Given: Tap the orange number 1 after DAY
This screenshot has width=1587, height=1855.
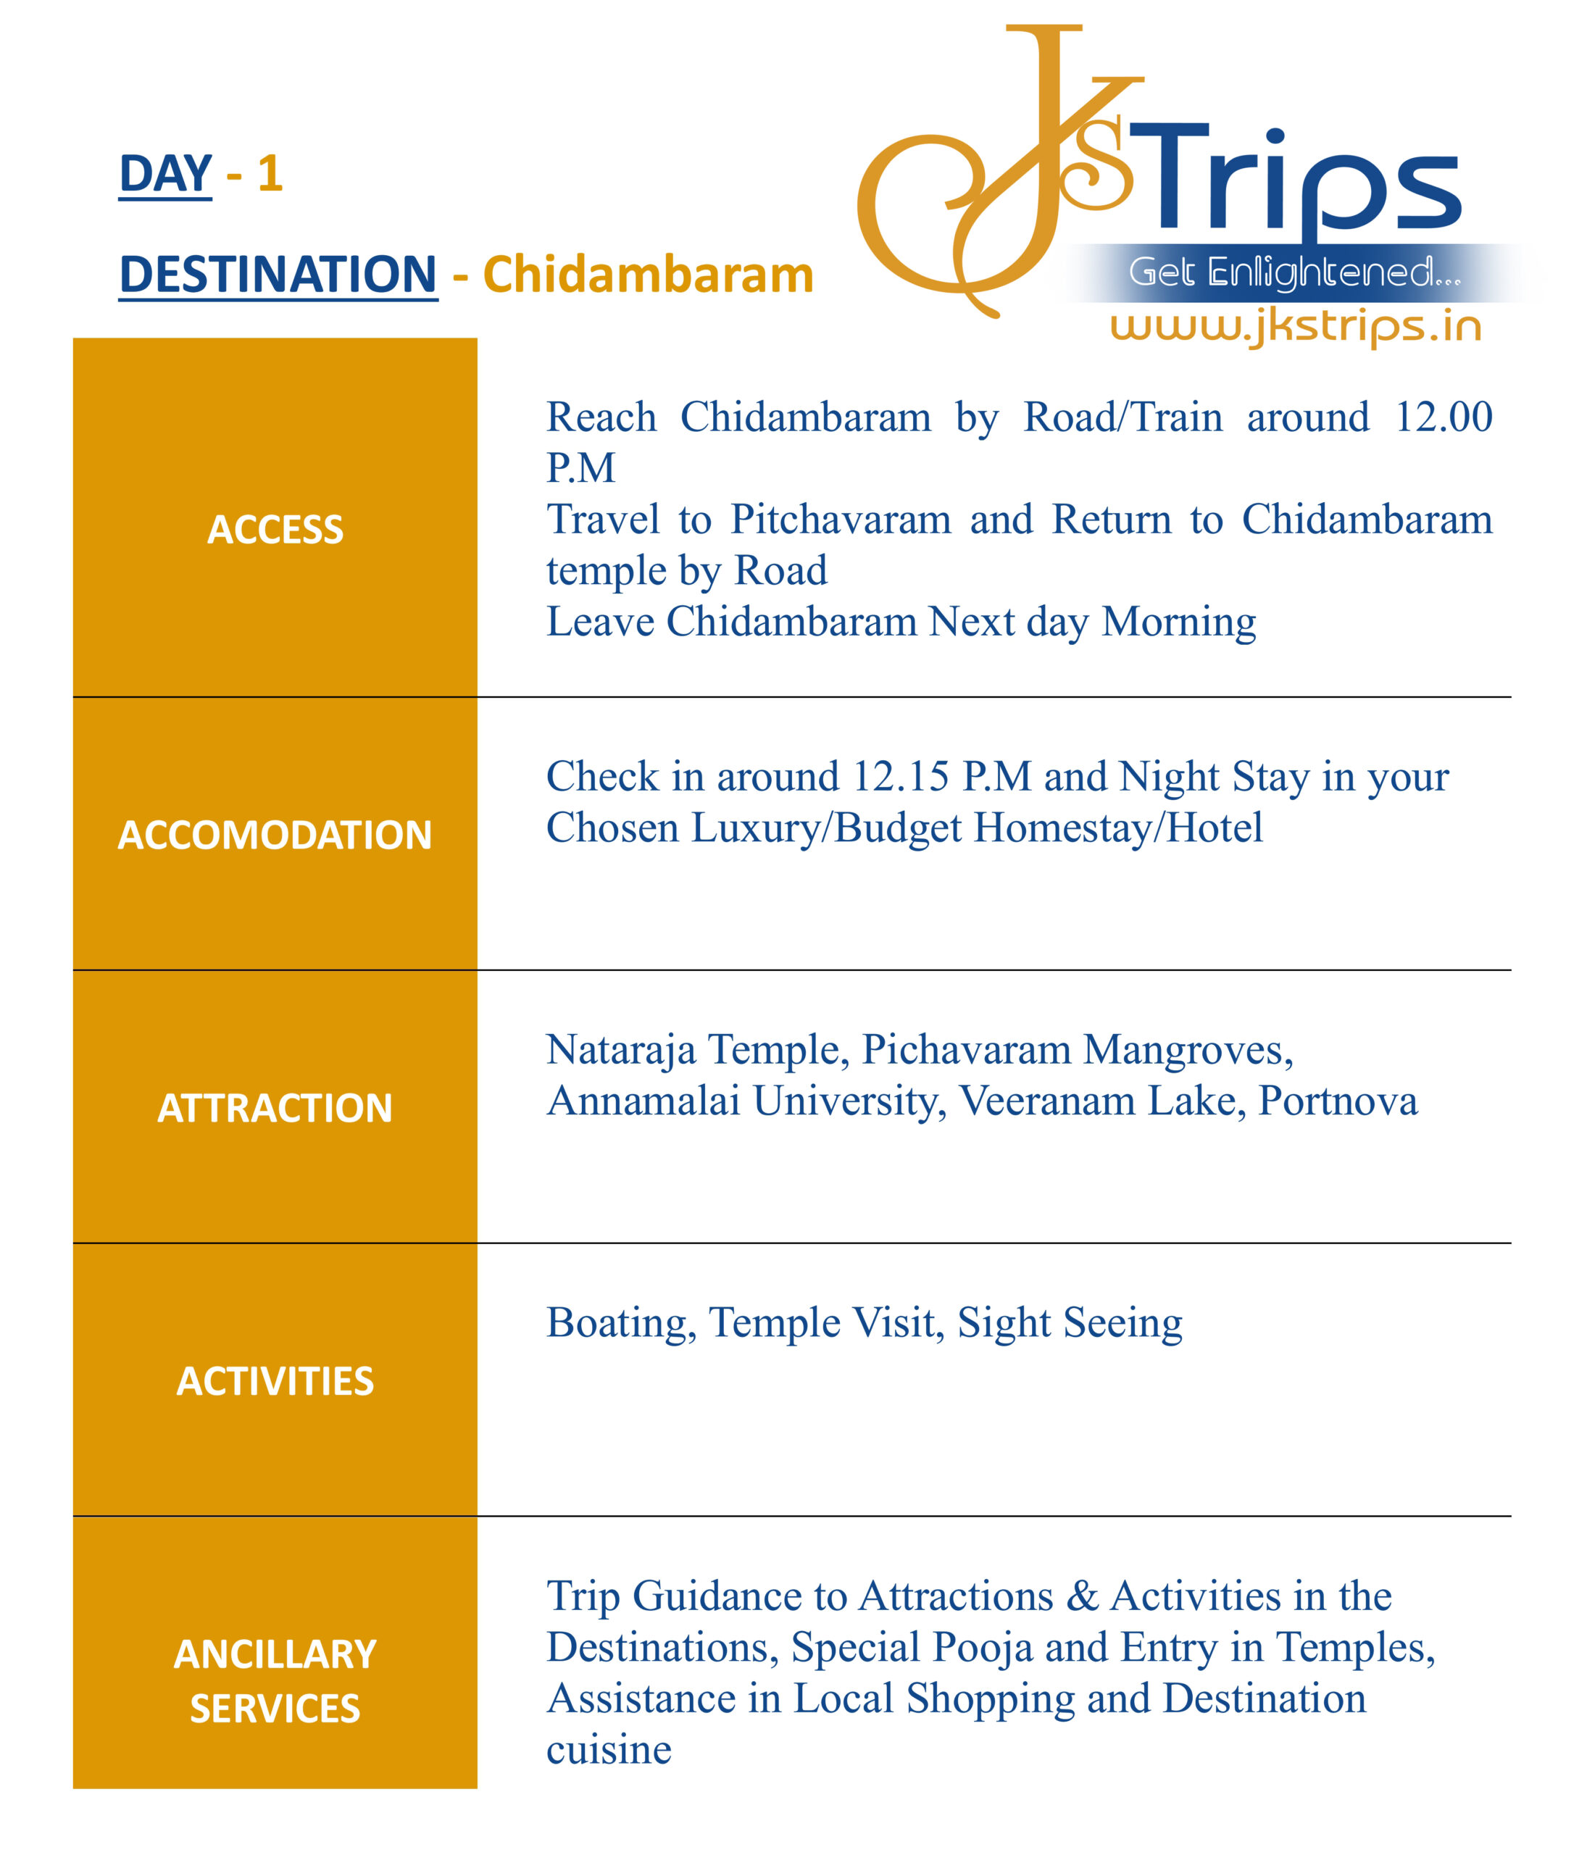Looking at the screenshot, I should [270, 174].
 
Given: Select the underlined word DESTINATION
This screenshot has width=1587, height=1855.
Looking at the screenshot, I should [278, 274].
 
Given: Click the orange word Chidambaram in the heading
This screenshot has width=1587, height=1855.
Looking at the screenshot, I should [647, 275].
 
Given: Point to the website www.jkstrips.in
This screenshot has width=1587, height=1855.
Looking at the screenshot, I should [1295, 326].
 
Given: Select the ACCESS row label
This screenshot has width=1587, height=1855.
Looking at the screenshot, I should [275, 529].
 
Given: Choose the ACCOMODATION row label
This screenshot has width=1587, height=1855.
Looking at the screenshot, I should [275, 835].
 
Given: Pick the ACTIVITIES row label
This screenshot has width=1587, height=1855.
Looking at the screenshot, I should [275, 1380].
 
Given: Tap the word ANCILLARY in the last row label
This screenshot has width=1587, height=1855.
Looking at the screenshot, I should [275, 1654].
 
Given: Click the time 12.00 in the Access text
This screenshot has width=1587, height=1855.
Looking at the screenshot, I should [1443, 417].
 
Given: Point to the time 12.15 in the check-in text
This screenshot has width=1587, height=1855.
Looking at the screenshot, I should [899, 776].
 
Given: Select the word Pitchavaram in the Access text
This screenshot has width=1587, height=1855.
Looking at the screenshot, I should [840, 520].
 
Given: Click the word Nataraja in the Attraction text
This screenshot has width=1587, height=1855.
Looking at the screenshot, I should [620, 1049].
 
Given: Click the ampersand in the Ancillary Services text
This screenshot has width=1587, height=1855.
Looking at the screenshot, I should [1081, 1596].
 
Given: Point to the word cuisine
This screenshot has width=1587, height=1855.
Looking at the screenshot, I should [609, 1749].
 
